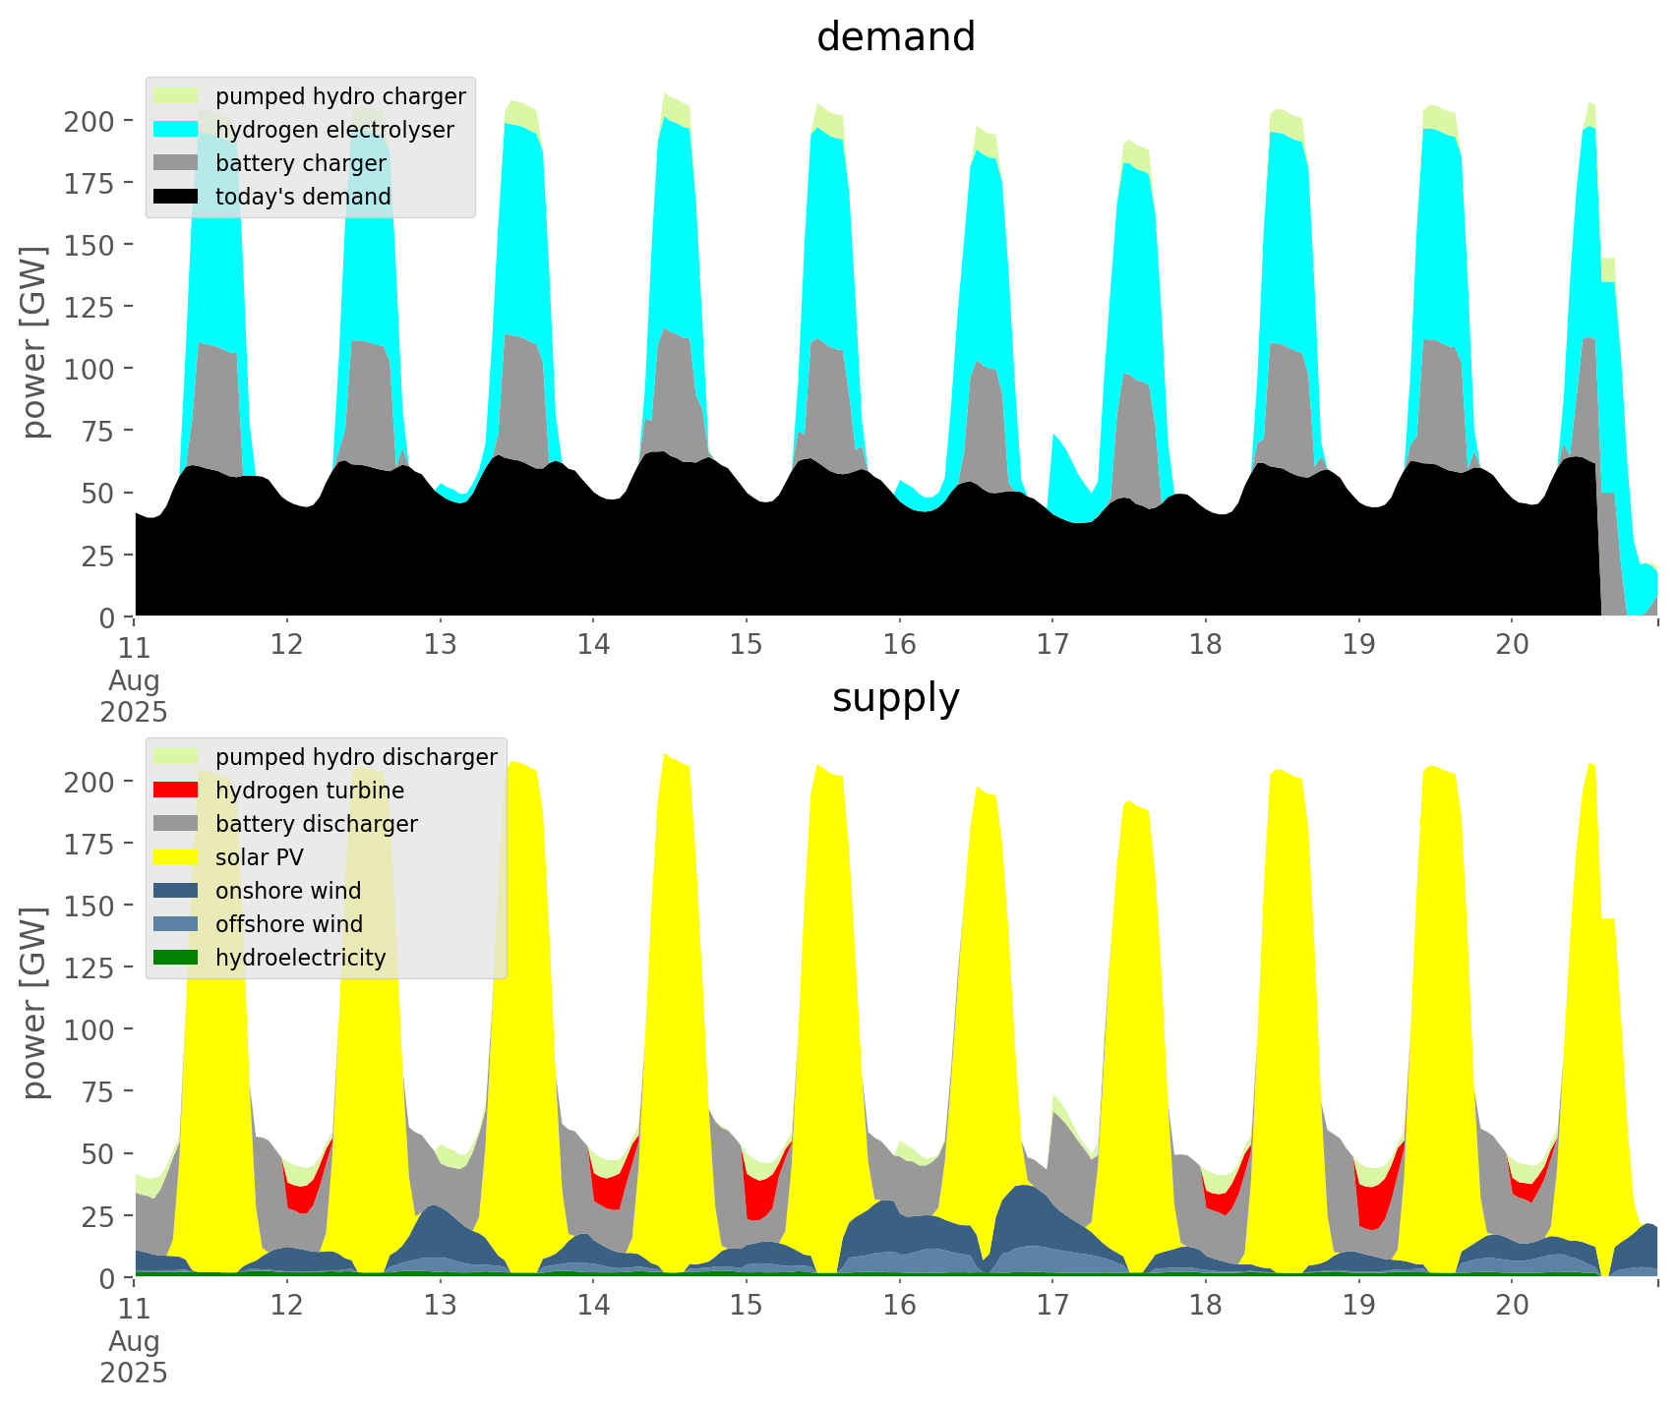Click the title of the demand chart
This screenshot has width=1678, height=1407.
[895, 37]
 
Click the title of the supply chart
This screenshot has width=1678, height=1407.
[895, 698]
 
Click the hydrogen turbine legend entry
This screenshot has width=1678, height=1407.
[309, 791]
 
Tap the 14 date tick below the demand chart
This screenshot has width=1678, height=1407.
[593, 645]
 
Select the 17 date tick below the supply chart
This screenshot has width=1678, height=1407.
[1052, 1306]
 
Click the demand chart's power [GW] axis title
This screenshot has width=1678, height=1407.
[35, 342]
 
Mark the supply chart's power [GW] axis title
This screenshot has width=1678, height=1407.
[35, 1003]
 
